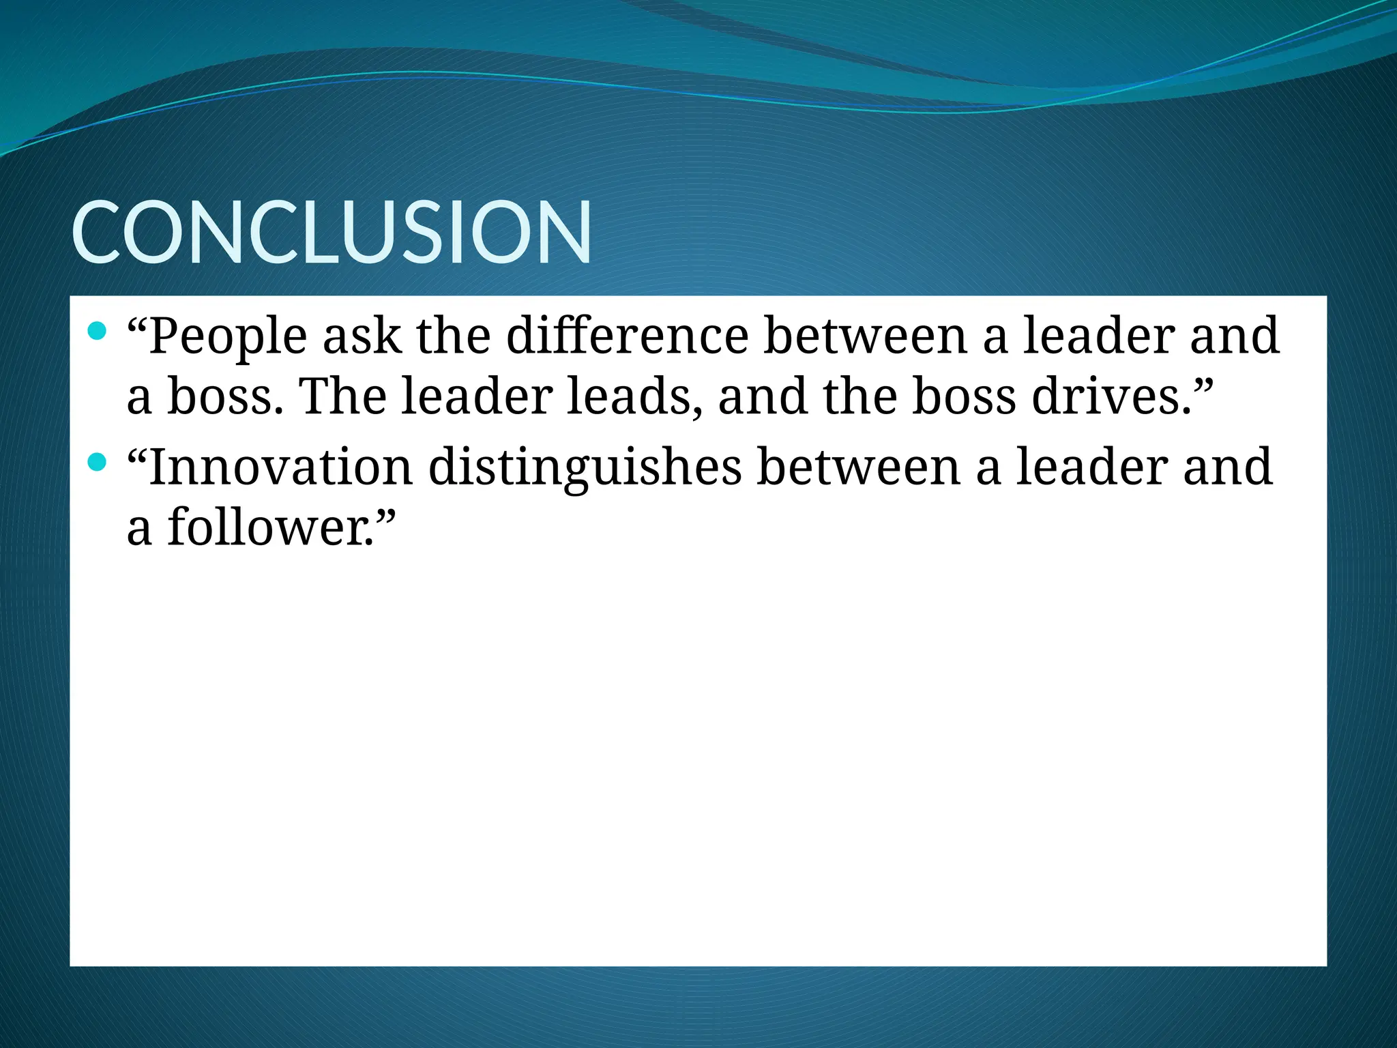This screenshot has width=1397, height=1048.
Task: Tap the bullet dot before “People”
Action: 98,332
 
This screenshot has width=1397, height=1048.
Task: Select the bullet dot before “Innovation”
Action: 98,463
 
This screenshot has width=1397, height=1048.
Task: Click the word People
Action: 228,337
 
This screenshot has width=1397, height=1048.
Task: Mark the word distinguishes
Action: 585,468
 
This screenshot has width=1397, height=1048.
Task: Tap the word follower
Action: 269,527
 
